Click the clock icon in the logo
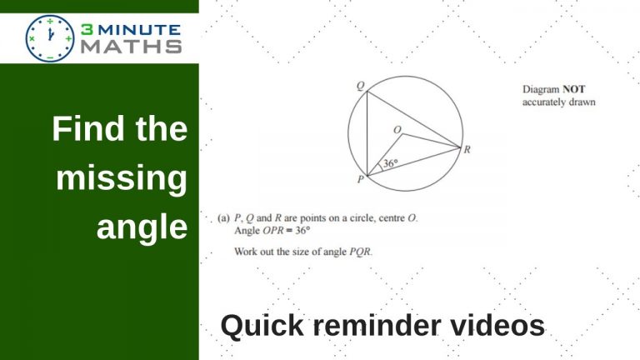tap(50, 38)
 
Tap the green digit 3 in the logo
tap(87, 29)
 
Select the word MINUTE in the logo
tap(139, 30)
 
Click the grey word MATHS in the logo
tap(131, 47)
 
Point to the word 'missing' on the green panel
tap(122, 178)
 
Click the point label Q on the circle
tap(360, 86)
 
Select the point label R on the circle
tap(467, 149)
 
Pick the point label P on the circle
tap(360, 179)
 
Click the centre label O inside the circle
tap(397, 130)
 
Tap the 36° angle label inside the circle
tap(390, 163)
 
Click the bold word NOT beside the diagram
tap(574, 89)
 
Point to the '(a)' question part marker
tap(223, 218)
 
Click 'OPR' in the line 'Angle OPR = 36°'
tap(273, 231)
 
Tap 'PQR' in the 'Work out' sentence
tap(360, 252)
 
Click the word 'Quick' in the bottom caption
tap(262, 326)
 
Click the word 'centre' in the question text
tap(392, 218)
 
